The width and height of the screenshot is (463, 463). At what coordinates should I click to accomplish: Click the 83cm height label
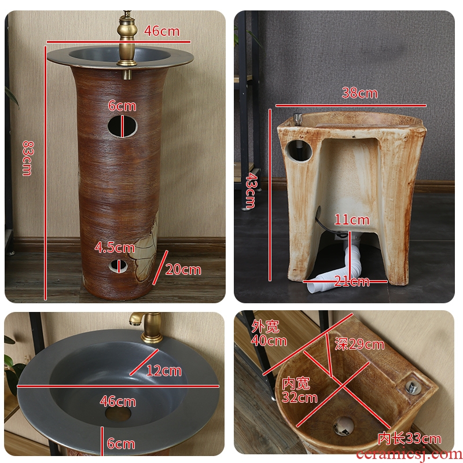(x=28, y=158)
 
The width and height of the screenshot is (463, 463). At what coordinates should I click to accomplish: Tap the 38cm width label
(x=359, y=93)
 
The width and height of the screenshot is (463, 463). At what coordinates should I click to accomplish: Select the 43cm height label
(x=252, y=191)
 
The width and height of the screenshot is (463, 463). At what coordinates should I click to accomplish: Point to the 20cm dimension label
(x=183, y=270)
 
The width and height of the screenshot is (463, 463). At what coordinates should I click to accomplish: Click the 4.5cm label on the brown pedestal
(x=115, y=248)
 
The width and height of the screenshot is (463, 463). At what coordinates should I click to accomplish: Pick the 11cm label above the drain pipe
(x=352, y=220)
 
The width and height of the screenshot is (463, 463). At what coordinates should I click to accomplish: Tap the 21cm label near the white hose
(x=352, y=281)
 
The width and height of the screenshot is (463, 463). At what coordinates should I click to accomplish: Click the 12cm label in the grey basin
(x=164, y=370)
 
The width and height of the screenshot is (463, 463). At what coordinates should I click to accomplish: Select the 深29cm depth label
(x=359, y=344)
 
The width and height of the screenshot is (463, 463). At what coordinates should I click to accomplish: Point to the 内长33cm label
(x=410, y=439)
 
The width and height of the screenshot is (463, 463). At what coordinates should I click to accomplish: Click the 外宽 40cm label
(x=269, y=333)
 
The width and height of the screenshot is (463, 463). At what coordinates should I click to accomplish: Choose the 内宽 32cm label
(x=299, y=390)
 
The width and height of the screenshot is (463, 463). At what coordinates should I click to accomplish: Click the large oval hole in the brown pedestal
(x=123, y=126)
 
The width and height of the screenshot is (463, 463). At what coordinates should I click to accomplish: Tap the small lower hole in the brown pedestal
(x=119, y=266)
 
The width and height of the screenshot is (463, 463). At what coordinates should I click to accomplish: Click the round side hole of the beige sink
(x=299, y=151)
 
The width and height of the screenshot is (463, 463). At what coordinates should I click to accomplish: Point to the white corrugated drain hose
(x=337, y=270)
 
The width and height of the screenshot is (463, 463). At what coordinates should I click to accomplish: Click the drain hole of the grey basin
(x=118, y=414)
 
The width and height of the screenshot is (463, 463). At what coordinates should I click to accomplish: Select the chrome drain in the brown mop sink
(x=343, y=426)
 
